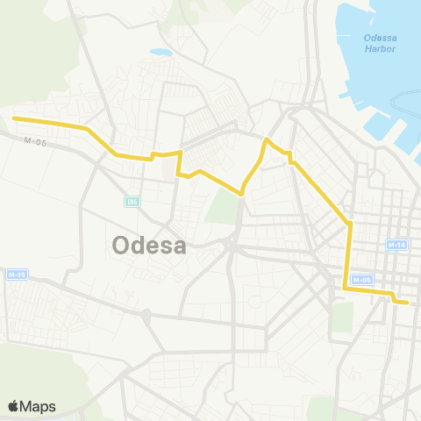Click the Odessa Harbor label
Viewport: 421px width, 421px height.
(381, 42)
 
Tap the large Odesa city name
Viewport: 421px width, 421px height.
(149, 246)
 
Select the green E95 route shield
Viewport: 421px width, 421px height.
(132, 202)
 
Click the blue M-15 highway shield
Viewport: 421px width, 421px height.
(16, 275)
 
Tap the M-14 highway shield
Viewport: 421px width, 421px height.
(396, 244)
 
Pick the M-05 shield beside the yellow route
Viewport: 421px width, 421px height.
(361, 280)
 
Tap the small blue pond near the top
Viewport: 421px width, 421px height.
(161, 53)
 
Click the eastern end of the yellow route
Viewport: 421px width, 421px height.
(408, 303)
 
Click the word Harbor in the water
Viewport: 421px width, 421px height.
(382, 48)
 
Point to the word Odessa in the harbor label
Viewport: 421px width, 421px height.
(381, 37)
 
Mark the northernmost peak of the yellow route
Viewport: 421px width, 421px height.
(268, 139)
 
